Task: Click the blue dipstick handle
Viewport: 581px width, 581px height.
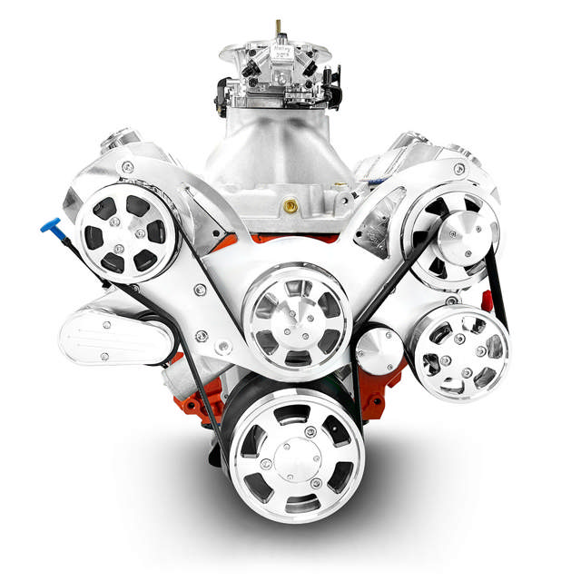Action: pos(48,224)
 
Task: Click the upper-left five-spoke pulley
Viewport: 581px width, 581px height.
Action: pos(126,231)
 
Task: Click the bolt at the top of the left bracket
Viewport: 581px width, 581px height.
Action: pos(128,167)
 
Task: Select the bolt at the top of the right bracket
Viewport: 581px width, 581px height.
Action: pos(459,169)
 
